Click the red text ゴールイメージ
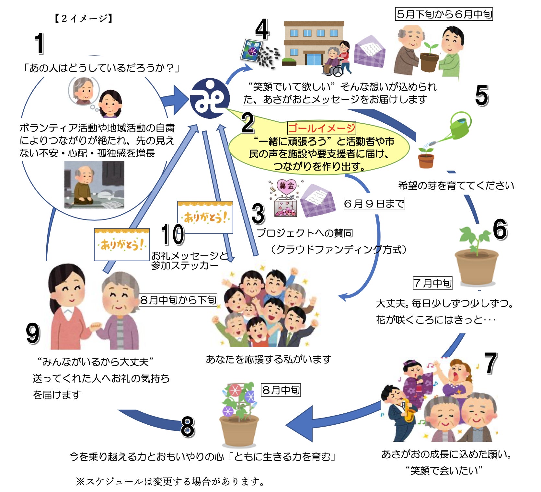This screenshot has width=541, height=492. tap(321, 129)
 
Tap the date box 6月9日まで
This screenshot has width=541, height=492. tap(374, 204)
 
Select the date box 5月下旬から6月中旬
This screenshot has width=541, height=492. tap(444, 14)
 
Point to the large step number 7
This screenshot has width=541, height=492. tap(491, 363)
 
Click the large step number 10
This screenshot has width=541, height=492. tap(173, 235)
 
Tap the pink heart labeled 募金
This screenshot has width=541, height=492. tap(287, 186)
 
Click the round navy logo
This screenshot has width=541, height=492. tap(210, 98)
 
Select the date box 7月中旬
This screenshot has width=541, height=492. tap(432, 283)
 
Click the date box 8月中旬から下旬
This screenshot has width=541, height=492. tap(178, 300)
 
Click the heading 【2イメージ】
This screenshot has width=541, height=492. tap(83, 18)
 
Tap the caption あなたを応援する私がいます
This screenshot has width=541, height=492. tap(269, 359)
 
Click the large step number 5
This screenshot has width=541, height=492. tap(482, 95)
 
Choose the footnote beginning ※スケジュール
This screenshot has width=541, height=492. tap(170, 481)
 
